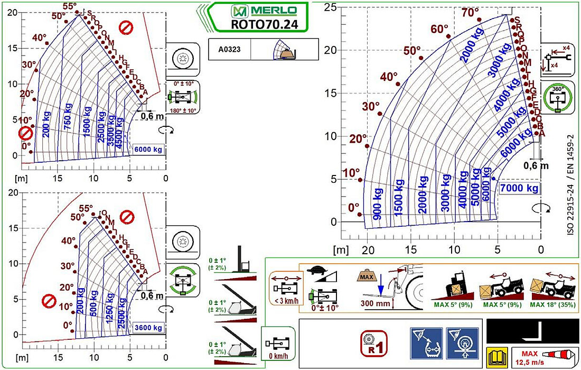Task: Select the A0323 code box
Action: [229, 49]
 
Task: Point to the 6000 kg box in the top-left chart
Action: [147, 150]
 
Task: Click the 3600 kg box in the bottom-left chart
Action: [147, 328]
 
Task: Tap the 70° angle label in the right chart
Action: [470, 13]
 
